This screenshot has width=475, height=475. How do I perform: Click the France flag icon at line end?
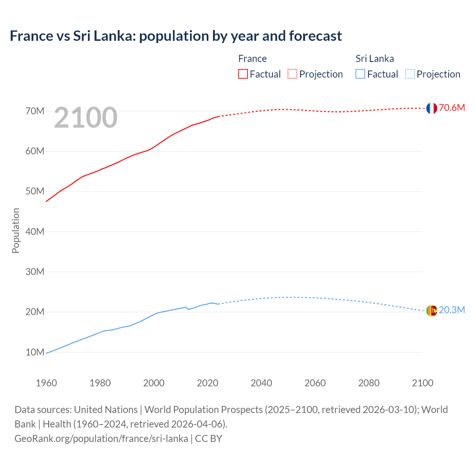[431, 108]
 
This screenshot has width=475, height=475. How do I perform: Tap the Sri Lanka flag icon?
[431, 311]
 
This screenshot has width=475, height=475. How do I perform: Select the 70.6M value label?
[452, 108]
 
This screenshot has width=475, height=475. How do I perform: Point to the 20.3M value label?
[452, 310]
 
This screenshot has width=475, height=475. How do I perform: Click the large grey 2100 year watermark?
[86, 118]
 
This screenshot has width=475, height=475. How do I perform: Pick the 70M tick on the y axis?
[35, 111]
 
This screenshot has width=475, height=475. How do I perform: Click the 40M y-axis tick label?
[35, 232]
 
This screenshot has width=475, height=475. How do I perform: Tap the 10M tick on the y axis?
[35, 352]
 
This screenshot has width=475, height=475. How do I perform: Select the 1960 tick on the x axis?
[46, 383]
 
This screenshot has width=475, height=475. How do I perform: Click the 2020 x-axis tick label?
[207, 383]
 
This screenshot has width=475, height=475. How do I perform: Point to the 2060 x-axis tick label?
[315, 383]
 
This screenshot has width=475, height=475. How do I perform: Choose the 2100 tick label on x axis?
[422, 383]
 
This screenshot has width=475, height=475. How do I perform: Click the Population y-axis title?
[16, 230]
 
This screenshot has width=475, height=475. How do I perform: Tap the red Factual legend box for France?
[243, 74]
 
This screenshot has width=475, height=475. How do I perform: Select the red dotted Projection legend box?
[292, 74]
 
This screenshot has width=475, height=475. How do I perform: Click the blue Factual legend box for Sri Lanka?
[360, 74]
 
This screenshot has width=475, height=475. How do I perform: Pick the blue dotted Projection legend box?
[410, 74]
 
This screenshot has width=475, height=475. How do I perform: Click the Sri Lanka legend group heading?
[374, 59]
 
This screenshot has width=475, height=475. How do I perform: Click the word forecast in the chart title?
[315, 36]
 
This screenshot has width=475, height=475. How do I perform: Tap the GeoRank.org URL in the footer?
[101, 439]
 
